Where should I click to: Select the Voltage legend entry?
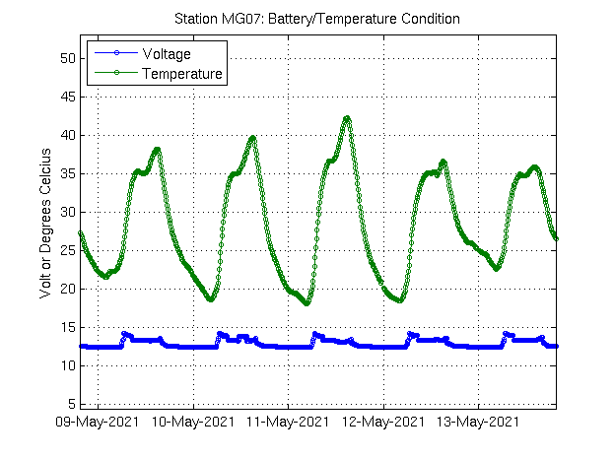tap(167, 53)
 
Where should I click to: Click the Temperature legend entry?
tap(182, 73)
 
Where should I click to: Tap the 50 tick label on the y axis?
tap(68, 58)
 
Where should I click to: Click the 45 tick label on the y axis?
tap(68, 97)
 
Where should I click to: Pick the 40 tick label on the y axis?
tap(68, 135)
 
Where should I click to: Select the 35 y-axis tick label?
tap(68, 173)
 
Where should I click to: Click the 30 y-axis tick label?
tap(68, 212)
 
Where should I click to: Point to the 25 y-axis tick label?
tap(68, 250)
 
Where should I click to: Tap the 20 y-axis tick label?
tap(68, 289)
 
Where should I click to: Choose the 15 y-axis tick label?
tap(68, 327)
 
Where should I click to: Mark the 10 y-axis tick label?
tap(68, 365)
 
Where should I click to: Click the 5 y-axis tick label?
tap(72, 404)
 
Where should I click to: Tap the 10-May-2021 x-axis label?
tap(193, 423)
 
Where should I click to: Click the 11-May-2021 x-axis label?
tap(288, 423)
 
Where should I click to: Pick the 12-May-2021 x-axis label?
tap(382, 423)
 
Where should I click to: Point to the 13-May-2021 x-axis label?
tap(477, 423)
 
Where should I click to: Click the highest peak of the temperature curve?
tap(347, 118)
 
